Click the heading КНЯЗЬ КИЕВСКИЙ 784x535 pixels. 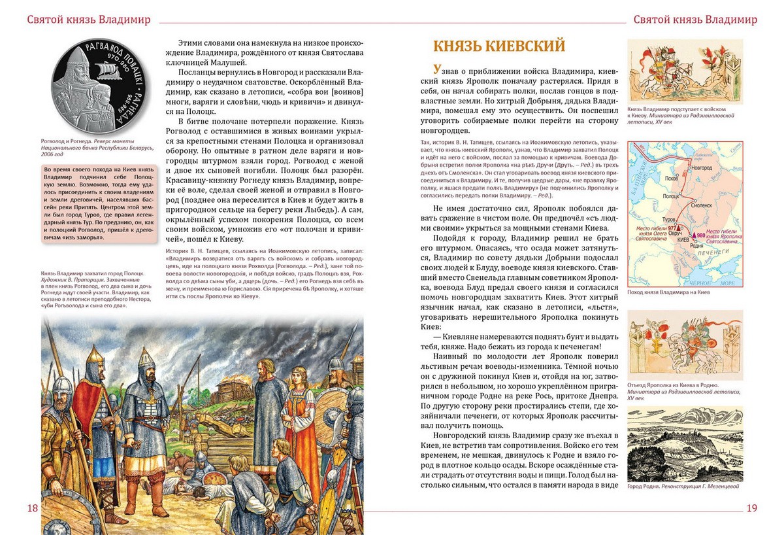point(499,46)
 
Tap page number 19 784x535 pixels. point(751,508)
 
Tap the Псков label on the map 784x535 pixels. point(664,177)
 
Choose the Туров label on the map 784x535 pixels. point(669,220)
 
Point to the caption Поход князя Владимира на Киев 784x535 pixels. point(668,292)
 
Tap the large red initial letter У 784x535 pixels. point(437,70)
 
